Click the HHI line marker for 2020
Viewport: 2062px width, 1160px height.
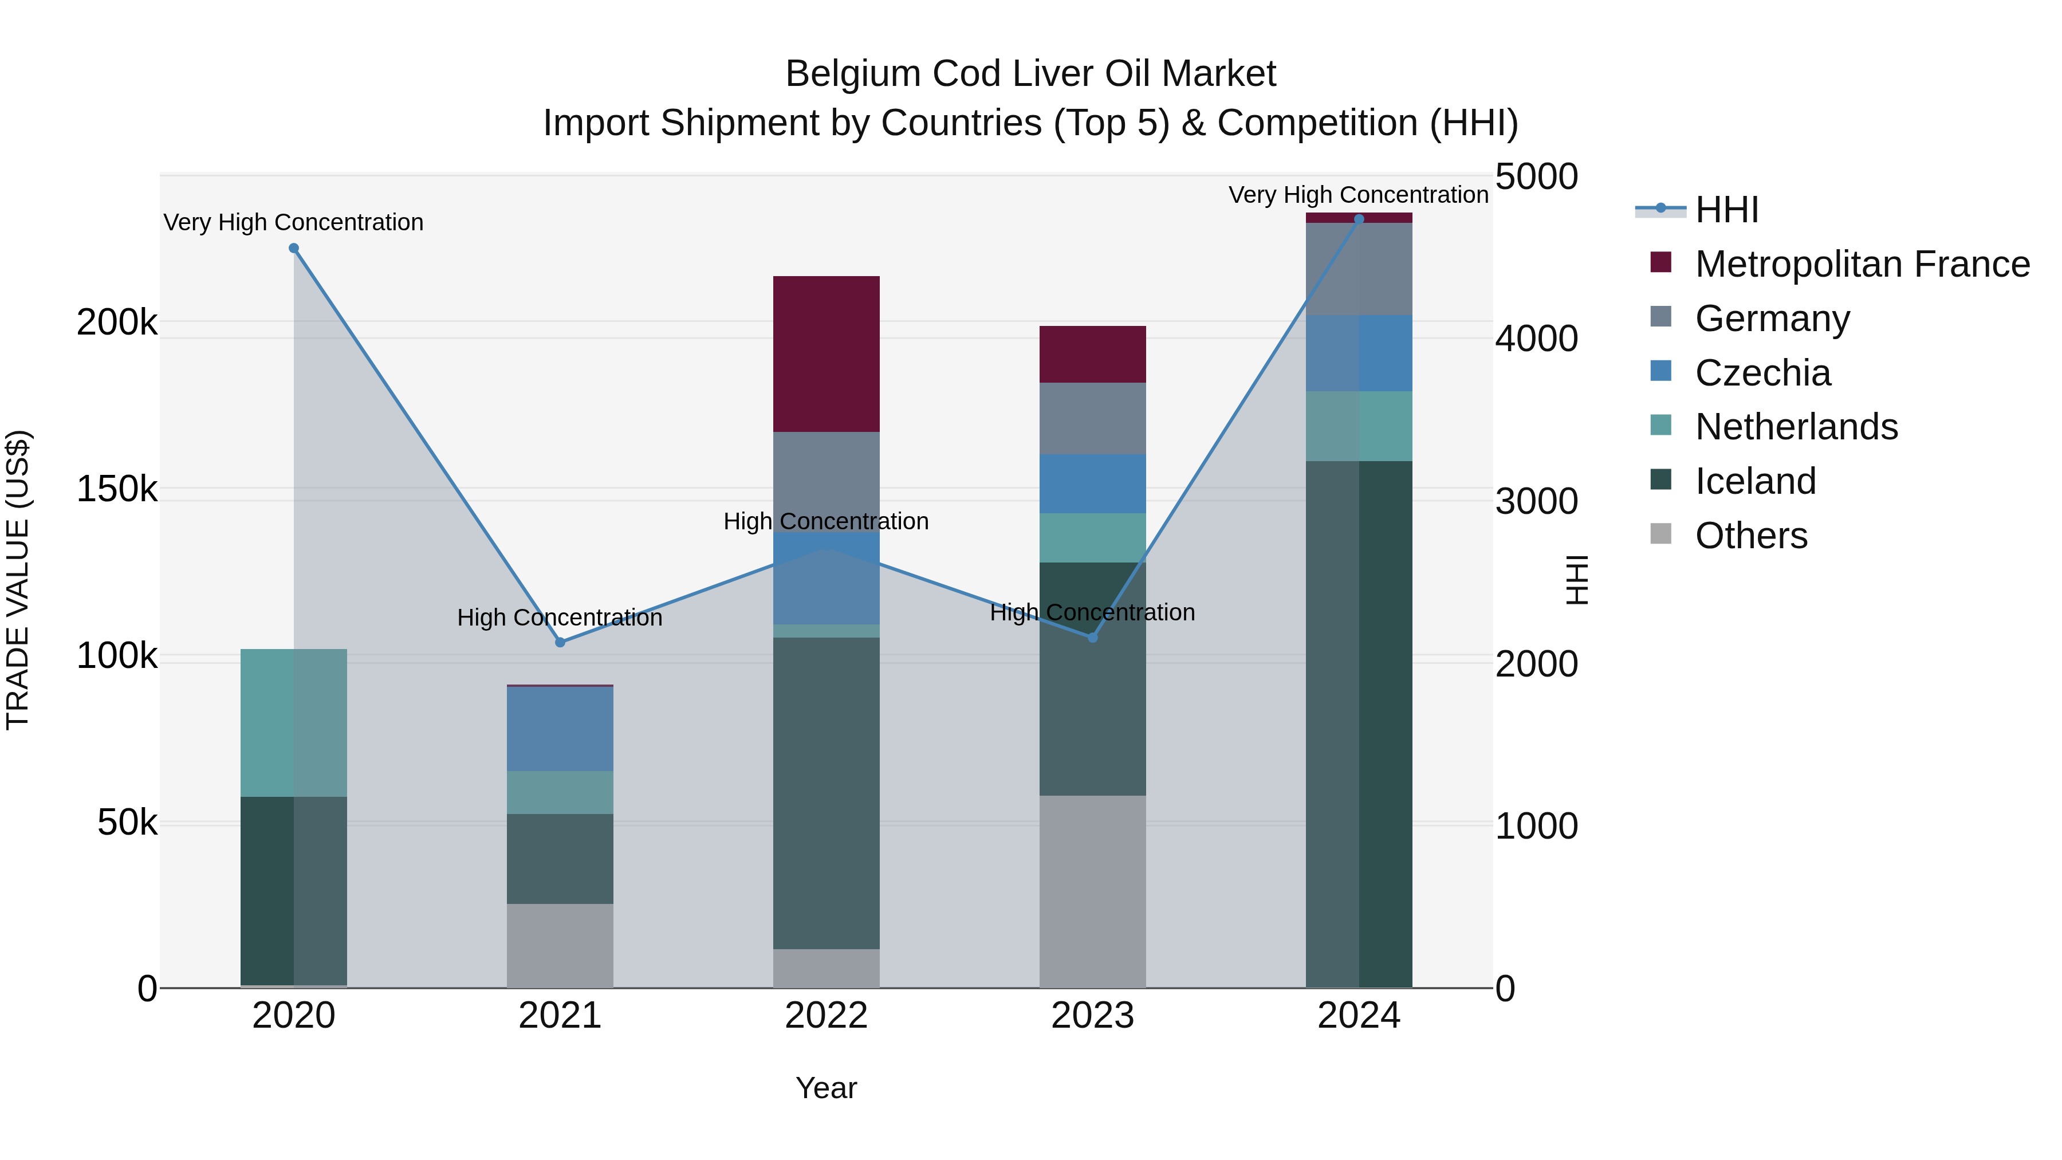(294, 248)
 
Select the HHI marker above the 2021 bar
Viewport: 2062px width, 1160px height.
(560, 642)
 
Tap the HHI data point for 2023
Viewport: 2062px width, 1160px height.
(1093, 637)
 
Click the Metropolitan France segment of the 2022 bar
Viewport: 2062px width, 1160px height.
(826, 354)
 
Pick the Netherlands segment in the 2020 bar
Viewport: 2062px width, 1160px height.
(294, 722)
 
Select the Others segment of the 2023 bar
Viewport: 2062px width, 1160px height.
(1093, 890)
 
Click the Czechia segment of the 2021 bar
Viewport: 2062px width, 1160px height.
(560, 729)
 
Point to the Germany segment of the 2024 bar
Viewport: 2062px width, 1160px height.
(1359, 269)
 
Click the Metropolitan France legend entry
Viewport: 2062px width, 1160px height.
(1862, 264)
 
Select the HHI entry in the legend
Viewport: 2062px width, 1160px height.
(1726, 210)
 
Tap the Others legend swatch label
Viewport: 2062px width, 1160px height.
(1750, 536)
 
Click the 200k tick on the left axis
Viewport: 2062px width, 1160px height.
(117, 323)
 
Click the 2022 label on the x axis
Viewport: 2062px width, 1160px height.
(826, 1016)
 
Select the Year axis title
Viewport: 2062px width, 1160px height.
(826, 1088)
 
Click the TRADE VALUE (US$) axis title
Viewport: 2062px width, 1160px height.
(18, 580)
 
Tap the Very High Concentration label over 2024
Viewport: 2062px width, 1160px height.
(1359, 195)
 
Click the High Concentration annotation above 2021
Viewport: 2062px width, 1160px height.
(560, 617)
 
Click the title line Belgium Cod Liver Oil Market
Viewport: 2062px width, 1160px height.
(1030, 74)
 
